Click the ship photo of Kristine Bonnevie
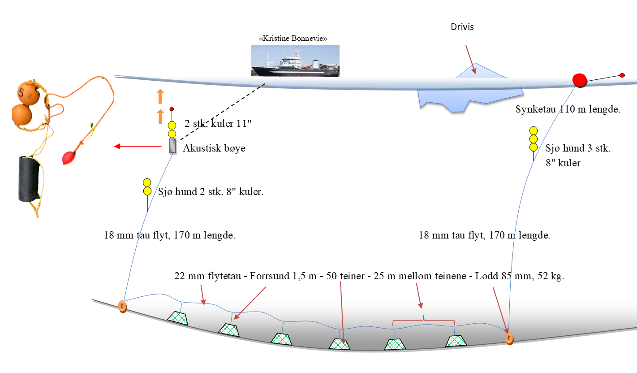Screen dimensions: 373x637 pyautogui.click(x=295, y=61)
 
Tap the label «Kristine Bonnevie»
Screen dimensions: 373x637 pyautogui.click(x=293, y=39)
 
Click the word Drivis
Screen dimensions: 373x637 pyautogui.click(x=462, y=27)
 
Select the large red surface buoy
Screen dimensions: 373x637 pyautogui.click(x=580, y=80)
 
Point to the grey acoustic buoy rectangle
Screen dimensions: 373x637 pyautogui.click(x=172, y=146)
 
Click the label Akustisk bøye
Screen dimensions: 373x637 pyautogui.click(x=214, y=148)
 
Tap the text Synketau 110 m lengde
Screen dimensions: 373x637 pyautogui.click(x=568, y=109)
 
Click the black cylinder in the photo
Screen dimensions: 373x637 pyautogui.click(x=29, y=179)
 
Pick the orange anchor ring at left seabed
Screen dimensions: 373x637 pyautogui.click(x=122, y=306)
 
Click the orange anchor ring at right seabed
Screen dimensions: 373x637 pyautogui.click(x=508, y=338)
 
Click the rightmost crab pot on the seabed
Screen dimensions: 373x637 pyautogui.click(x=456, y=341)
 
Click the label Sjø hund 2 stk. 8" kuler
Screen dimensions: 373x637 pyautogui.click(x=211, y=192)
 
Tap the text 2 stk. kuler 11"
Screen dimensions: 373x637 pyautogui.click(x=218, y=124)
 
